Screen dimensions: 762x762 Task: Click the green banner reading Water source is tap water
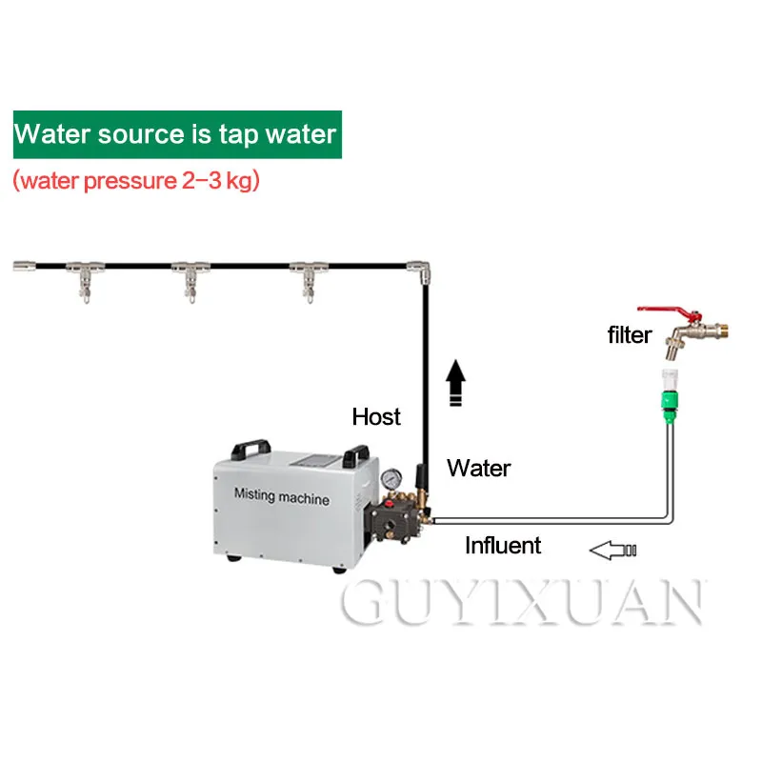pyautogui.click(x=176, y=132)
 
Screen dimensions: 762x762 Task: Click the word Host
pyautogui.click(x=376, y=416)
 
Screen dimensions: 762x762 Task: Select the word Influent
pyautogui.click(x=502, y=545)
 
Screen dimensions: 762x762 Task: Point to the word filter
pyautogui.click(x=630, y=335)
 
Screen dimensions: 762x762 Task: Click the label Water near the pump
pyautogui.click(x=478, y=468)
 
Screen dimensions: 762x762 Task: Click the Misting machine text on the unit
pyautogui.click(x=281, y=498)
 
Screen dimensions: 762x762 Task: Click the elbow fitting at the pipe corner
pyautogui.click(x=416, y=270)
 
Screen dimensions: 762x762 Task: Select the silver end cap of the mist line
pyautogui.click(x=27, y=264)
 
